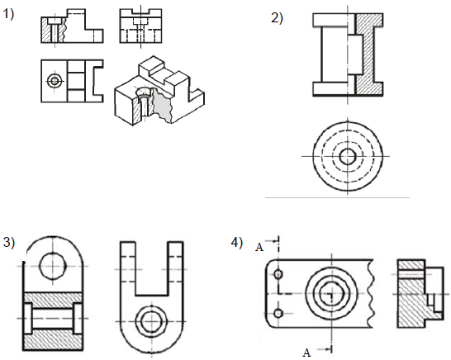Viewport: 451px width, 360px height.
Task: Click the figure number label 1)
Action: [8, 14]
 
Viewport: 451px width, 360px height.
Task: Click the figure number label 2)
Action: [277, 18]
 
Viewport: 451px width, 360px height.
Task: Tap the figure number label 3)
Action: [8, 243]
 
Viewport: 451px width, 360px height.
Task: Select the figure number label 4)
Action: [237, 243]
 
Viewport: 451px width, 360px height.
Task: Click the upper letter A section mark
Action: [259, 247]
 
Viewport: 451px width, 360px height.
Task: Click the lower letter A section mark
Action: [307, 353]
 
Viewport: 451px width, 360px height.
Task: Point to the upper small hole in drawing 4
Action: [278, 274]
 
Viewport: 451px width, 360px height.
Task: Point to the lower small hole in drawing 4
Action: [278, 313]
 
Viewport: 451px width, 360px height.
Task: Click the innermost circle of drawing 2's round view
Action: [348, 157]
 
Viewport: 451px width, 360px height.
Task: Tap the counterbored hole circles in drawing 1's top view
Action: [55, 81]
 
